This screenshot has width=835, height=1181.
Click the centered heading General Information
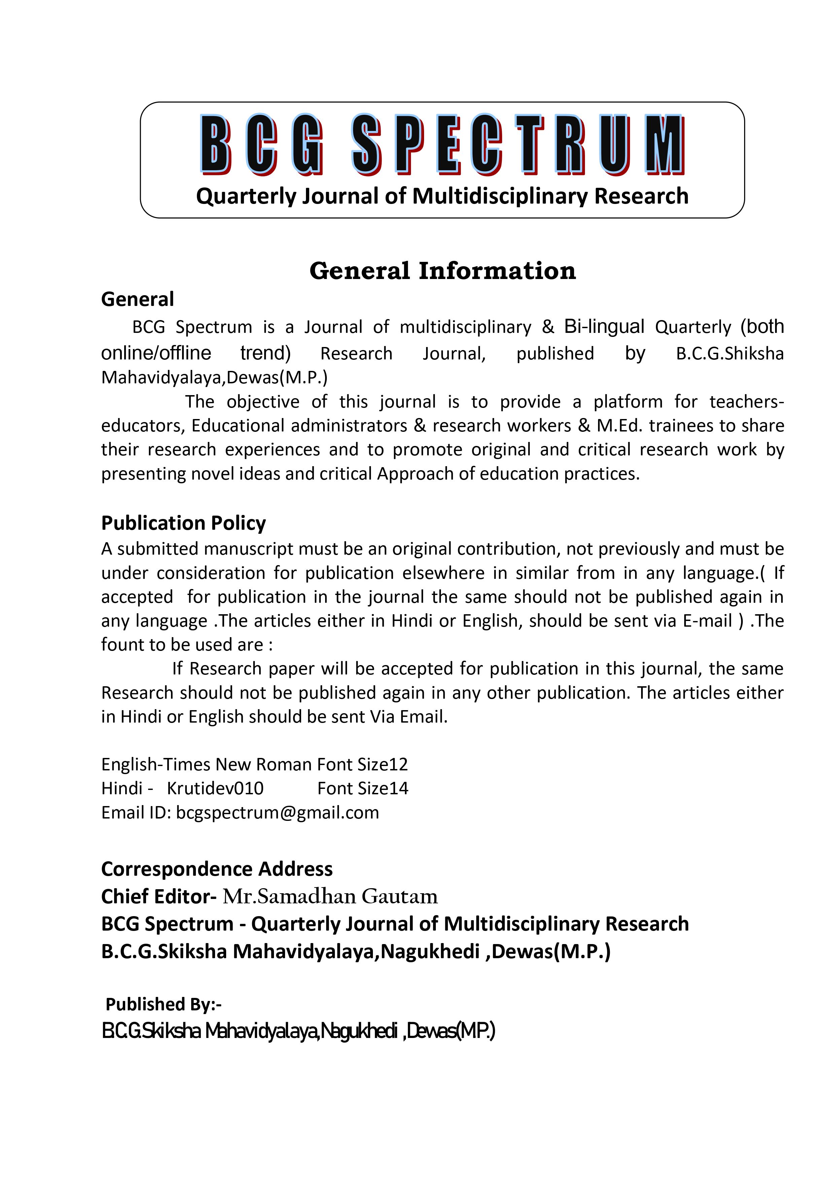443,271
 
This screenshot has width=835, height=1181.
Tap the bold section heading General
137,299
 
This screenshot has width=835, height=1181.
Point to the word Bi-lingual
604,326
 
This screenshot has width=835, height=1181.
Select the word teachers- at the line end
746,402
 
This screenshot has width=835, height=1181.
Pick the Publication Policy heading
184,523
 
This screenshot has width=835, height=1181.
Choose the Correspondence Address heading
217,869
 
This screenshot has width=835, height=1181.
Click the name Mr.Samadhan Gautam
330,897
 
